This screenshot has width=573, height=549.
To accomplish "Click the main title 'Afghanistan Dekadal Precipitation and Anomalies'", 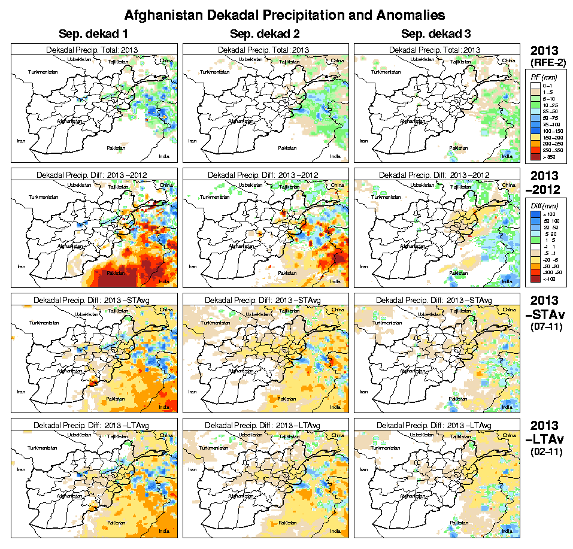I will (284, 14).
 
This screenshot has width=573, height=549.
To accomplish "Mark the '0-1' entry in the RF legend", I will (547, 86).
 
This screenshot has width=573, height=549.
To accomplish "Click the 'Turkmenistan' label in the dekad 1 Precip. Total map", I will (44, 72).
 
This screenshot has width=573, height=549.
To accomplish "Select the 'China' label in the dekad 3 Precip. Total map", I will (509, 60).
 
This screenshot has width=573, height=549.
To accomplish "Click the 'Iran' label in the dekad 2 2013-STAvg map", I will (192, 391).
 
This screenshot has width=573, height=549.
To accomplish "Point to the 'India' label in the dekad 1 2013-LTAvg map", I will (163, 531).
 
